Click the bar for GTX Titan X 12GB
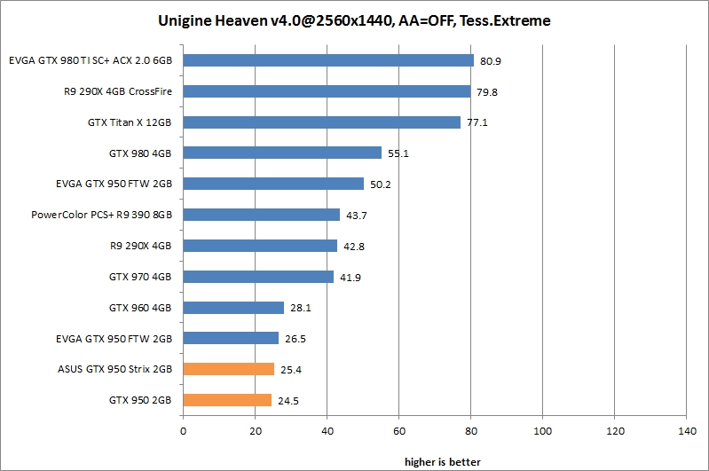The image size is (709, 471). [x=321, y=122]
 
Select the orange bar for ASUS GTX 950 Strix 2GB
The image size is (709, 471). [x=228, y=369]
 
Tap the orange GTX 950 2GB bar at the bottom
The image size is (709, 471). [x=226, y=400]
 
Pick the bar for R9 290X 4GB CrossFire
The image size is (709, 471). [x=327, y=91]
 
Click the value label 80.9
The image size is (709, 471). [x=491, y=61]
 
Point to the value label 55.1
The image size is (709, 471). [x=398, y=153]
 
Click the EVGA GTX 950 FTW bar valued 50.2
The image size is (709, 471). [x=273, y=184]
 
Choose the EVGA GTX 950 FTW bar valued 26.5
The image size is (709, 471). [x=231, y=338]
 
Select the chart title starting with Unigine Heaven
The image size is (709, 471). [x=354, y=20]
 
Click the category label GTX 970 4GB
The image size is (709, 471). [x=140, y=277]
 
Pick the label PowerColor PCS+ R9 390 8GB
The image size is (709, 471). [x=101, y=215]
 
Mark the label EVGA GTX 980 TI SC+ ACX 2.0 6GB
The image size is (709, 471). [x=90, y=61]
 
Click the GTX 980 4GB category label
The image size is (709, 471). [x=140, y=153]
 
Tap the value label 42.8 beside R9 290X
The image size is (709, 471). [x=354, y=247]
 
